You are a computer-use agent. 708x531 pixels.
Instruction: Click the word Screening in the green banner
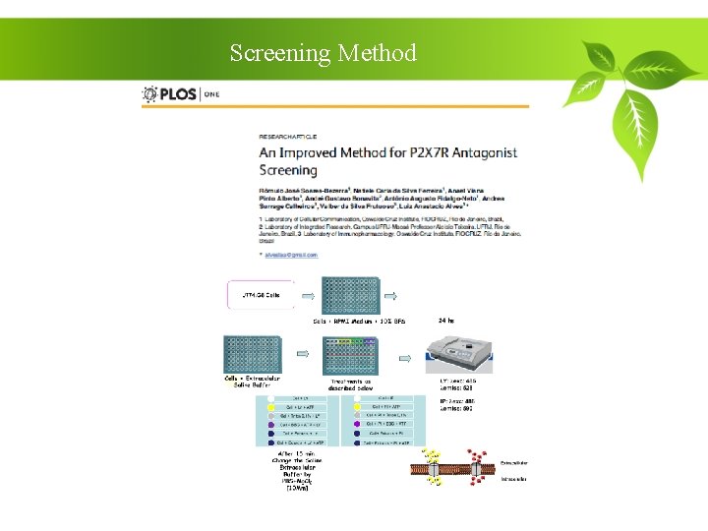pos(279,53)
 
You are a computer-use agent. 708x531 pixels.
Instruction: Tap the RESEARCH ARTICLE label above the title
pos(296,135)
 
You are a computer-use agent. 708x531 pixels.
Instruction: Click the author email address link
pos(291,255)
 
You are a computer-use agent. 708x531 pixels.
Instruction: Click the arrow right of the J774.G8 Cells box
pos(307,295)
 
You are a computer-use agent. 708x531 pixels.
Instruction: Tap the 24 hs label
pos(446,320)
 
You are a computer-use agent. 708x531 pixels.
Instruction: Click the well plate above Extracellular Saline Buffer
pos(254,354)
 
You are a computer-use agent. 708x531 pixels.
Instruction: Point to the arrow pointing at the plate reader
pos(405,355)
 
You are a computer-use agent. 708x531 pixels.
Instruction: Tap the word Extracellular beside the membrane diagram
pos(513,460)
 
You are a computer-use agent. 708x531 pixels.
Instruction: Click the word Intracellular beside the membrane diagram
pos(513,480)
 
